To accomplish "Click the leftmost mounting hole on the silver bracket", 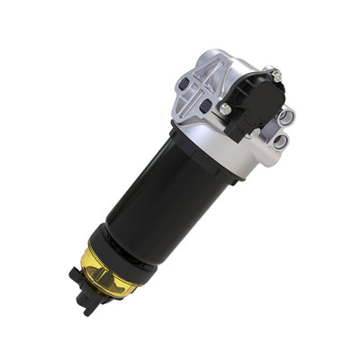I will [x=184, y=85].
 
